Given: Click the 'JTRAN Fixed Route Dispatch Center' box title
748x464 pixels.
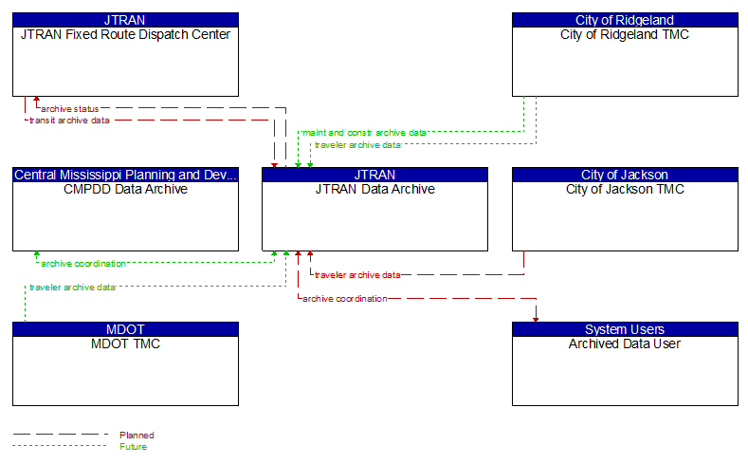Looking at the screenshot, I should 125,34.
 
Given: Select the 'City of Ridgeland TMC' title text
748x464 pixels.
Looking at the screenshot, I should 625,34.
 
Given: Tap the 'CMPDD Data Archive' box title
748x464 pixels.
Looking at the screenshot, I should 125,189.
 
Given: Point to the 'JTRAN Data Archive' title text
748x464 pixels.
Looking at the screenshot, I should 374,189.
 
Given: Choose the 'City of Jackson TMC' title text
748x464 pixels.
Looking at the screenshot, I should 625,189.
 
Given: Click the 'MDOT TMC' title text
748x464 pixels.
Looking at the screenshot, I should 125,343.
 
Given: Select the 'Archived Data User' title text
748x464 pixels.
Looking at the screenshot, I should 625,343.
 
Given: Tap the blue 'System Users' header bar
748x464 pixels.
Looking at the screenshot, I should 625,329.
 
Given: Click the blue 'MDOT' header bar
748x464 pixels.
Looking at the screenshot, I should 125,329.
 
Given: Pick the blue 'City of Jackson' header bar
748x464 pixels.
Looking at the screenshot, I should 625,175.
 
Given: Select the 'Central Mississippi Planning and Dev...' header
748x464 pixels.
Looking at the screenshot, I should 125,175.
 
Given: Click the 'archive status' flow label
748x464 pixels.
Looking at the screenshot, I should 69,108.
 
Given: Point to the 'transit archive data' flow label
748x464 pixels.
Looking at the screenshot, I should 68,121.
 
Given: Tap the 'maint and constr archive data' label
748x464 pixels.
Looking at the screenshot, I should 364,133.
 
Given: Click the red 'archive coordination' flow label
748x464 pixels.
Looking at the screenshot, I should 344,299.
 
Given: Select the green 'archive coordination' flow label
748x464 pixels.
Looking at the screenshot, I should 83,263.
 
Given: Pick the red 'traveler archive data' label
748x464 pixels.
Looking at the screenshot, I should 357,275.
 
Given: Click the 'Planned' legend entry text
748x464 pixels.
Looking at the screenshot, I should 137,435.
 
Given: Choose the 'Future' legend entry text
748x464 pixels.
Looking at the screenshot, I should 133,446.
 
